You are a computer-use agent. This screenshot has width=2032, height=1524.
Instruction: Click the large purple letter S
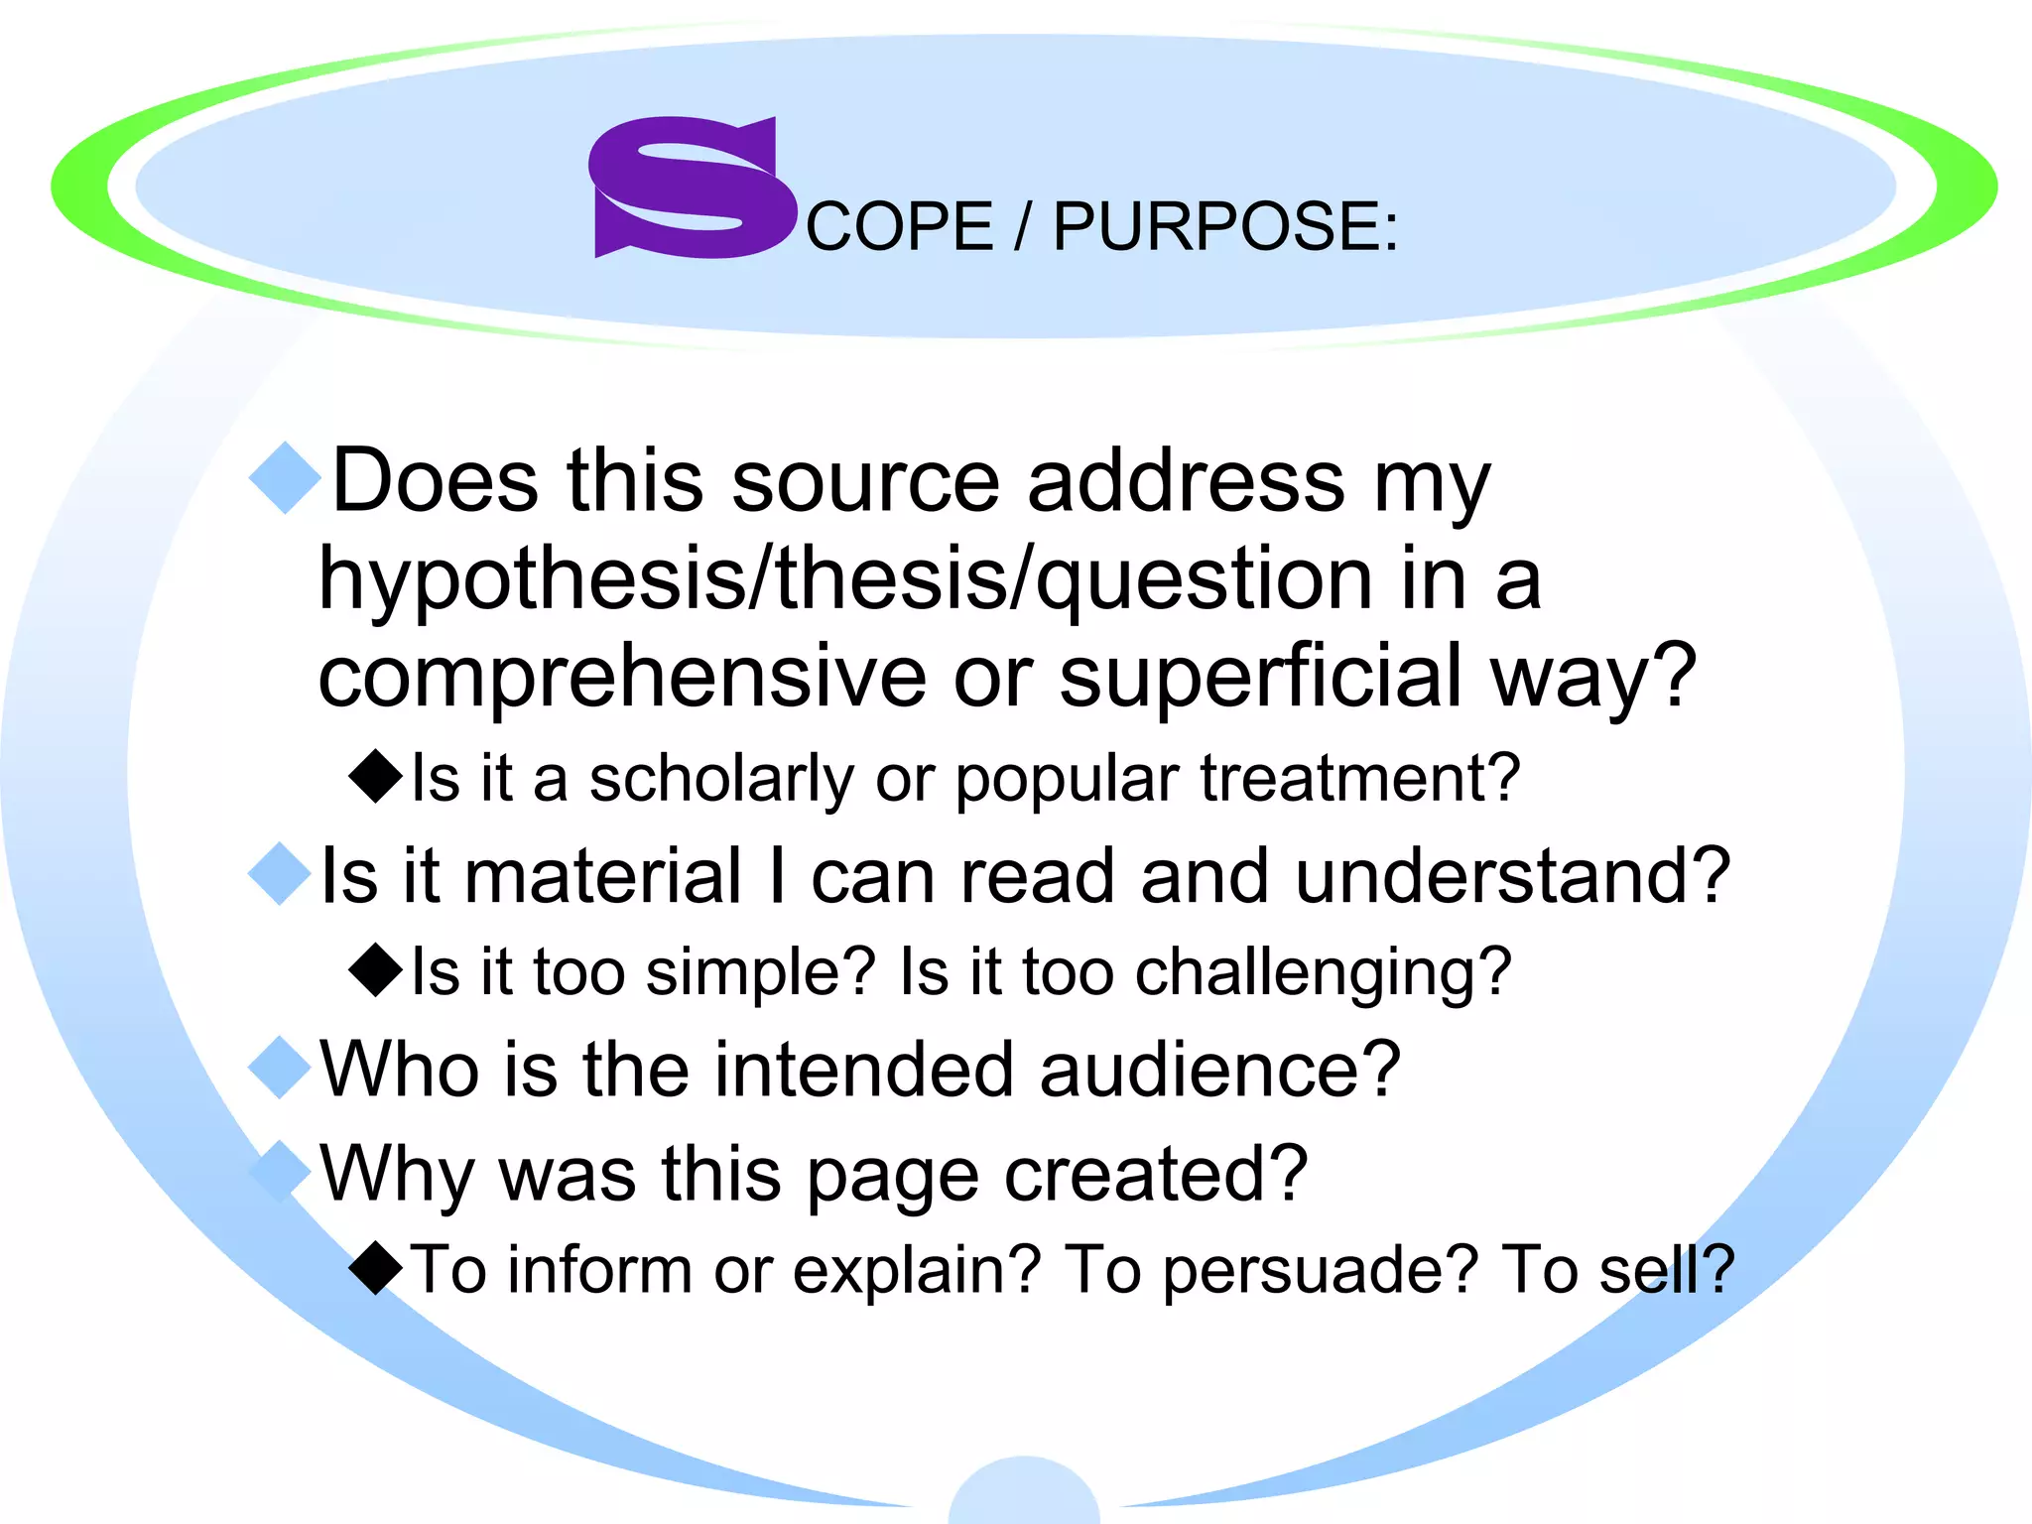[x=692, y=188]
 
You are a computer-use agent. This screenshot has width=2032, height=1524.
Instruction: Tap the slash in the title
[x=1023, y=227]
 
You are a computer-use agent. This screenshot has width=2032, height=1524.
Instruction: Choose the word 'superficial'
[x=1260, y=677]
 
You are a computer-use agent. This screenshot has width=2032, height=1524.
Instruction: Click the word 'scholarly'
[x=721, y=779]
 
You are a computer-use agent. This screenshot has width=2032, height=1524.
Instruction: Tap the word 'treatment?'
[x=1359, y=779]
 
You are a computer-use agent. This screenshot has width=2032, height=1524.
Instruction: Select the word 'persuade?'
[x=1320, y=1271]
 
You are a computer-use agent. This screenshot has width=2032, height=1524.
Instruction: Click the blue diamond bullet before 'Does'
[x=286, y=478]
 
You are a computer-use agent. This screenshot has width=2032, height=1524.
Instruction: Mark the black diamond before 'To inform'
[x=377, y=1267]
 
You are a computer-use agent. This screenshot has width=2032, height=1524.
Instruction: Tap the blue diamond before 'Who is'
[x=281, y=1068]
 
